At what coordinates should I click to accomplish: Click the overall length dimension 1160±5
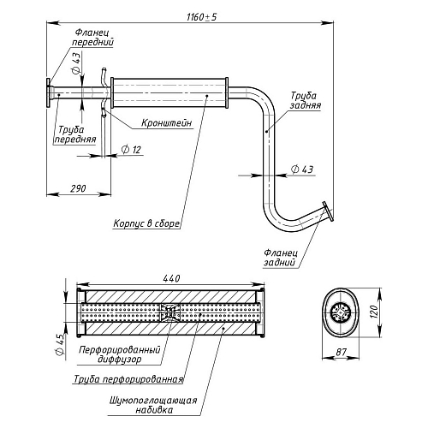pyautogui.click(x=201, y=17)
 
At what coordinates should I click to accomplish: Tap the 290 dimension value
pyautogui.click(x=78, y=188)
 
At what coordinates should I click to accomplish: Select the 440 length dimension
pyautogui.click(x=172, y=278)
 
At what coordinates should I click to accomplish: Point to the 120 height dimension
pyautogui.click(x=374, y=312)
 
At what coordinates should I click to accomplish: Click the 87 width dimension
pyautogui.click(x=341, y=352)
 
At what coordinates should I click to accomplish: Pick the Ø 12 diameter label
pyautogui.click(x=131, y=150)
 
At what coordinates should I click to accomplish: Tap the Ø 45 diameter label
pyautogui.click(x=60, y=345)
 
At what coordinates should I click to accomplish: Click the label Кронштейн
pyautogui.click(x=167, y=123)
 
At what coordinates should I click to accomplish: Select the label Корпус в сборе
pyautogui.click(x=146, y=223)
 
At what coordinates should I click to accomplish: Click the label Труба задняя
pyautogui.click(x=306, y=100)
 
